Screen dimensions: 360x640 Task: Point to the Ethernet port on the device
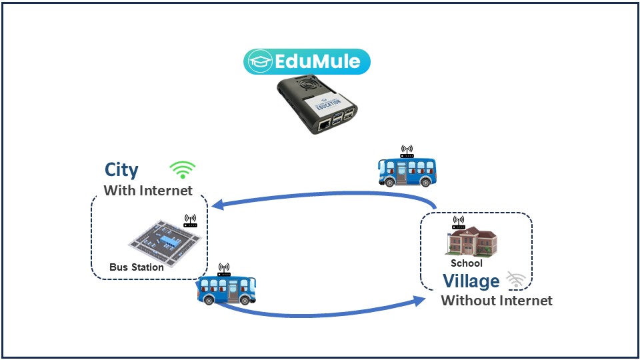pos(323,124)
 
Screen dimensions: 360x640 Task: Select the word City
pos(121,170)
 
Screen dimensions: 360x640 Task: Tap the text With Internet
pos(148,191)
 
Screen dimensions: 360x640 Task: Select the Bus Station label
pos(137,267)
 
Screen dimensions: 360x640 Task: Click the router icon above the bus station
pos(190,221)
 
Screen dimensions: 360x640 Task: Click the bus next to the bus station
pos(227,289)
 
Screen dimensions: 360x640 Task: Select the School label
pos(466,263)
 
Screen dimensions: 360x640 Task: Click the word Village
pos(471,281)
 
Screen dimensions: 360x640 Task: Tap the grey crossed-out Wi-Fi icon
pos(515,280)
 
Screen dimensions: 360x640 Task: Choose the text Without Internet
pos(497,301)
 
